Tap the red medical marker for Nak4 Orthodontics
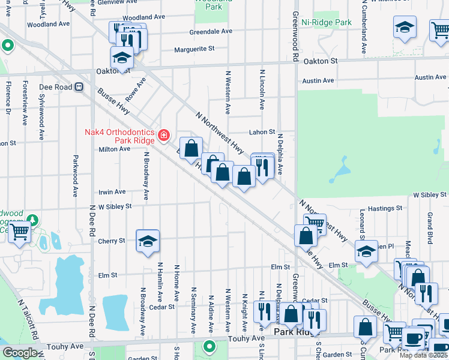pyautogui.click(x=163, y=136)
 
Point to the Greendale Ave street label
pyautogui.click(x=211, y=31)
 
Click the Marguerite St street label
pyautogui.click(x=194, y=49)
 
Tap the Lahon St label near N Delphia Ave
pyautogui.click(x=262, y=132)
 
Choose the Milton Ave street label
pyautogui.click(x=114, y=149)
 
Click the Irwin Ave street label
pyautogui.click(x=112, y=192)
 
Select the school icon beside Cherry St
pyautogui.click(x=148, y=241)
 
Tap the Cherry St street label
pyautogui.click(x=113, y=241)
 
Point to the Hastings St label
pyautogui.click(x=384, y=208)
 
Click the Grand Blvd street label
pyautogui.click(x=430, y=223)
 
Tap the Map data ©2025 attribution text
pyautogui.click(x=423, y=355)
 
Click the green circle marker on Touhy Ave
pyautogui.click(x=209, y=346)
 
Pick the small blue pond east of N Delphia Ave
pyautogui.click(x=340, y=170)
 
